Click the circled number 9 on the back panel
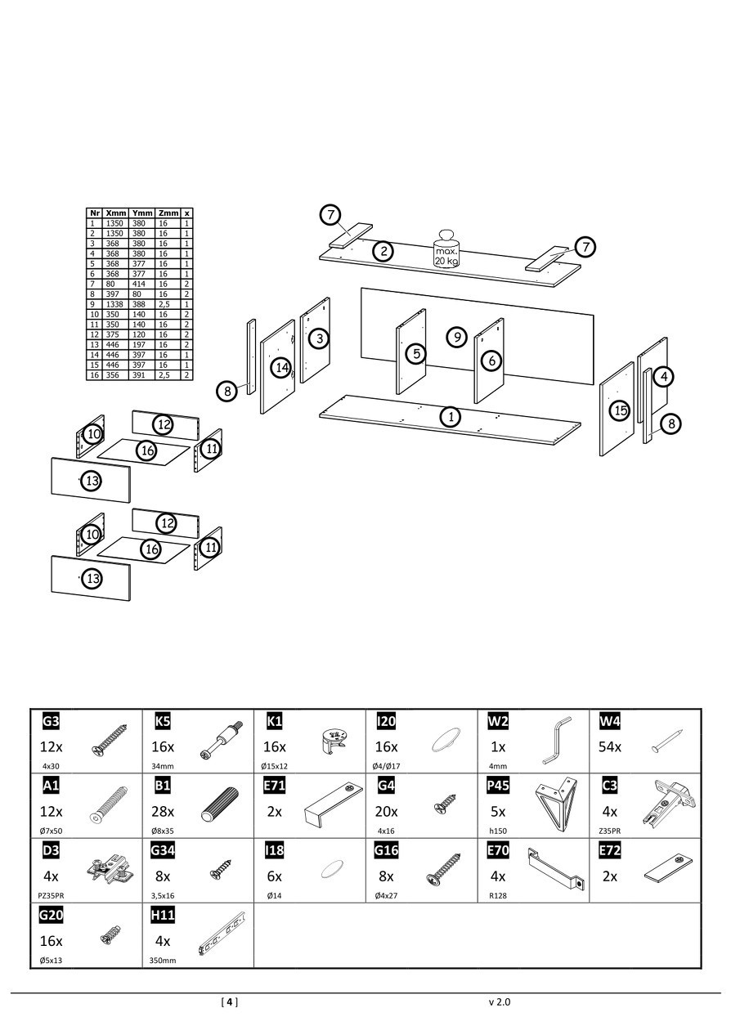click(x=457, y=337)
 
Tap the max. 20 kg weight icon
click(x=446, y=249)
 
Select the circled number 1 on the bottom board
click(x=450, y=416)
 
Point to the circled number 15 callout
click(x=620, y=410)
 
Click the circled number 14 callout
click(x=282, y=368)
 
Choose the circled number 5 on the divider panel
click(x=417, y=354)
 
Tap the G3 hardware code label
click(x=51, y=722)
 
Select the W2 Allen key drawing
click(x=555, y=740)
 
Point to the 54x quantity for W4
click(x=610, y=747)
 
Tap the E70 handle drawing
click(x=556, y=868)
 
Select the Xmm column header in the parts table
click(x=116, y=213)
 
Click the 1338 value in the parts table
click(x=115, y=304)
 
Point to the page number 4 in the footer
click(x=230, y=1001)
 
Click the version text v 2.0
click(x=499, y=1001)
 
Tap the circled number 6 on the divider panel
click(x=491, y=360)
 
